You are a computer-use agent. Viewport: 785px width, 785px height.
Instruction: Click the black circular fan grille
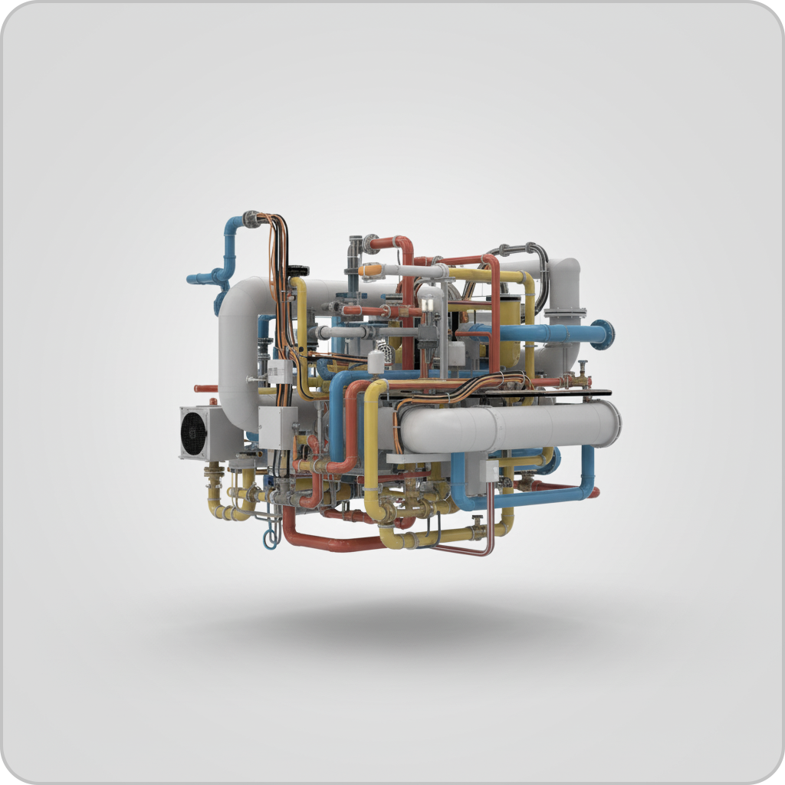click(194, 432)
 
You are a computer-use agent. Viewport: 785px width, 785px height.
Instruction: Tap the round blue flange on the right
click(603, 334)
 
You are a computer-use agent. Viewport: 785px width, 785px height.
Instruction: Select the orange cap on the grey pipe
click(370, 270)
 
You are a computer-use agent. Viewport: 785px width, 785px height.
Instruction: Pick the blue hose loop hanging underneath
click(270, 537)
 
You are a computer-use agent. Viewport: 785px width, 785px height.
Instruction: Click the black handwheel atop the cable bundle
click(297, 270)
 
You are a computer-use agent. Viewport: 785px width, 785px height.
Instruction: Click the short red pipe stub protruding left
click(205, 389)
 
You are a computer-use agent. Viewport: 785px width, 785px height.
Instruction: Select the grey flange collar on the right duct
click(566, 313)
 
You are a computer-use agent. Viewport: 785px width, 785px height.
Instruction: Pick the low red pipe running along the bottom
click(330, 542)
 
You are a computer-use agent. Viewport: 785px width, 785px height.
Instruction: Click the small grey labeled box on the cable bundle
click(279, 372)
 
